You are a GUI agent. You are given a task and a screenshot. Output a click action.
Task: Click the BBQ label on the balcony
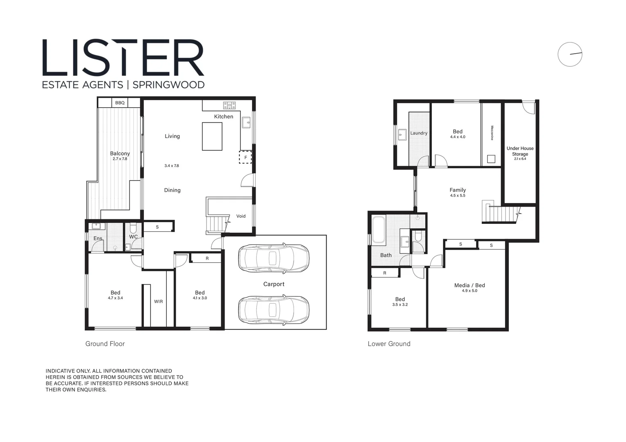click(120, 103)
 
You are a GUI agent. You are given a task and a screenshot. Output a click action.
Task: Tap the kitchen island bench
click(212, 136)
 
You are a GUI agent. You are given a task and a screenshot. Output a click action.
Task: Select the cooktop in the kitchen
click(229, 105)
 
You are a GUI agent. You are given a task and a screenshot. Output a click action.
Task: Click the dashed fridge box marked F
click(245, 157)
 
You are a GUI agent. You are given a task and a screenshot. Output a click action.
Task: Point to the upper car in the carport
click(274, 258)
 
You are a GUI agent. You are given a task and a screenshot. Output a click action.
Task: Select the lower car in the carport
click(274, 310)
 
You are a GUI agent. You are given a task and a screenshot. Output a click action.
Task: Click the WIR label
click(159, 302)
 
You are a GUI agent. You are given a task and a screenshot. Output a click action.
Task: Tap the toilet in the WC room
click(133, 228)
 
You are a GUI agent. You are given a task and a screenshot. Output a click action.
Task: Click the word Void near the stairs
click(241, 216)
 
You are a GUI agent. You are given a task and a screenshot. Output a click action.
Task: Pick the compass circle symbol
click(570, 54)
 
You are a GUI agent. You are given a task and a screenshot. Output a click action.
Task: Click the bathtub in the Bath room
click(378, 230)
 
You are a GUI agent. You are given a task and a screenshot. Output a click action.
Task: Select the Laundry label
click(419, 133)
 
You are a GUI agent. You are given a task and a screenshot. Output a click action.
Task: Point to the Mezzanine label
click(492, 133)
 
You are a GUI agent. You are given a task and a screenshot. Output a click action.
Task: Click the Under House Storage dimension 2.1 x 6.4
click(520, 159)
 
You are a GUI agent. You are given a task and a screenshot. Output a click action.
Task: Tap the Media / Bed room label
click(469, 285)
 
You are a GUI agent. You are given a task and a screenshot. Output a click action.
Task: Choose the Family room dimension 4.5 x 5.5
click(458, 196)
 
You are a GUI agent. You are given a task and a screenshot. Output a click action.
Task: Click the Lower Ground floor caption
click(389, 344)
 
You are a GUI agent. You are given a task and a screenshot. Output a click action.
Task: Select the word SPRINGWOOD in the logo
click(168, 85)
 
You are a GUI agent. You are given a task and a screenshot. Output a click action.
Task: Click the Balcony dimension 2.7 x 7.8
click(120, 159)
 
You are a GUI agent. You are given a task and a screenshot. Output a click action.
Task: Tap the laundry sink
click(402, 135)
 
